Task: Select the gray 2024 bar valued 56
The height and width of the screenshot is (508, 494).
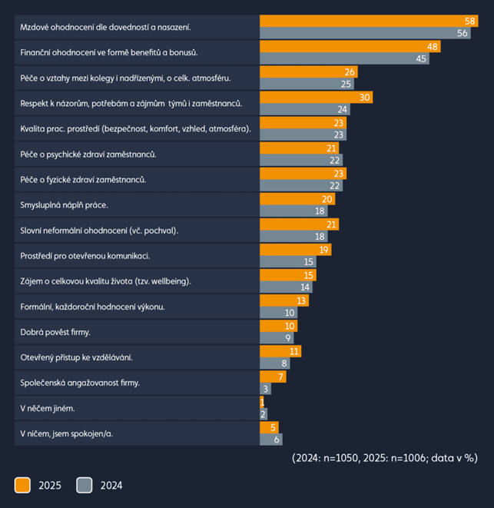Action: click(x=365, y=33)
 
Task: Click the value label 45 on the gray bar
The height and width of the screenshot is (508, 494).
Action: click(x=421, y=59)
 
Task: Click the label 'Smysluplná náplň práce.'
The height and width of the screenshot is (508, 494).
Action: click(x=64, y=205)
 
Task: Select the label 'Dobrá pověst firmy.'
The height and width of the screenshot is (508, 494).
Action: click(x=55, y=332)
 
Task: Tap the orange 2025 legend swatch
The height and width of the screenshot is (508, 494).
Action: click(x=22, y=485)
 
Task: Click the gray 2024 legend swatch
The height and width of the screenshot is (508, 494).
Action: click(x=85, y=485)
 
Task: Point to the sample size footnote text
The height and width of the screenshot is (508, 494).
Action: click(x=384, y=457)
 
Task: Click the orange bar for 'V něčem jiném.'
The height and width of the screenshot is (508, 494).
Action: click(x=262, y=402)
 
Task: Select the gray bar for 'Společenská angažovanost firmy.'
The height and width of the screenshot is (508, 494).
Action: click(x=265, y=389)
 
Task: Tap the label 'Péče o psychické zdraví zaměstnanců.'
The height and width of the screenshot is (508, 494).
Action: click(x=88, y=154)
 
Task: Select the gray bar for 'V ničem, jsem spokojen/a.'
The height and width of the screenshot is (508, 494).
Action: click(x=271, y=440)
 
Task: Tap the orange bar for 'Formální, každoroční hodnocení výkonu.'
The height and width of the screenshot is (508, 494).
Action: click(x=284, y=300)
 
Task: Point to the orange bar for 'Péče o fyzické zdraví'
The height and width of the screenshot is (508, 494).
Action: click(x=303, y=174)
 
